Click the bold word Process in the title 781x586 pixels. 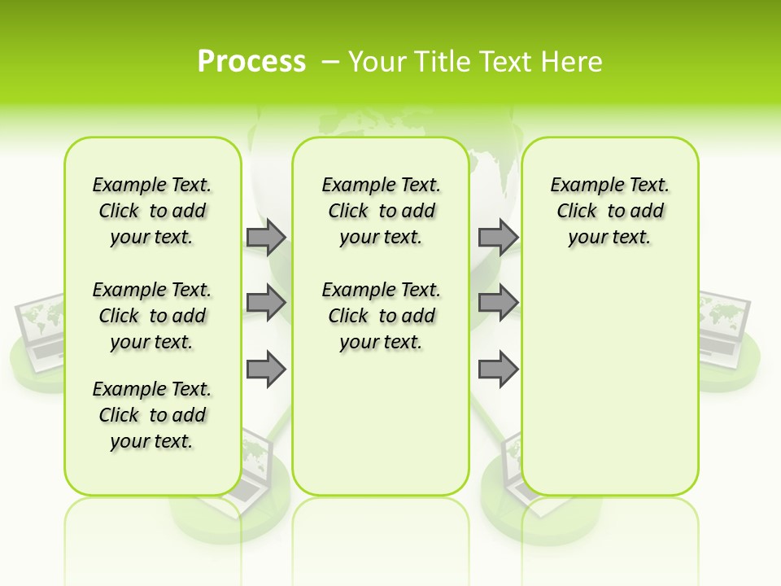click(x=251, y=61)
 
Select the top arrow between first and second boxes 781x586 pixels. click(x=266, y=237)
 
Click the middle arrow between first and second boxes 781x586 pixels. click(x=266, y=303)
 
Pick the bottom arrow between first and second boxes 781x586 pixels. click(x=266, y=369)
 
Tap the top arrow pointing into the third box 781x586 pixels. click(x=498, y=237)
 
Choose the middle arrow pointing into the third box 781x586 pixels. click(x=498, y=303)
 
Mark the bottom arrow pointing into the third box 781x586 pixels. click(x=498, y=369)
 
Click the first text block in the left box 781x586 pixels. click(x=152, y=211)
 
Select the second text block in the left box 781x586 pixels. click(x=152, y=316)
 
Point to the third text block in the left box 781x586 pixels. click(x=152, y=415)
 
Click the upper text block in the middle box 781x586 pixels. click(x=381, y=211)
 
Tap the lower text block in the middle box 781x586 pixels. click(x=381, y=316)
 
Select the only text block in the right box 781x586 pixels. click(x=609, y=211)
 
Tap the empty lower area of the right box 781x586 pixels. click(x=609, y=391)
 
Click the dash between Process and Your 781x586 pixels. click(x=330, y=61)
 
